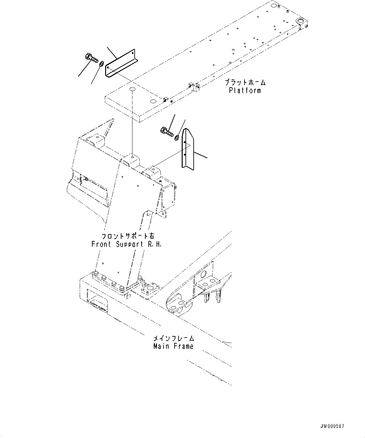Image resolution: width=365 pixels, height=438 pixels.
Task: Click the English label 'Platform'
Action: coord(245,91)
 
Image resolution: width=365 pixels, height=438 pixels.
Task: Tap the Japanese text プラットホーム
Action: coord(245,83)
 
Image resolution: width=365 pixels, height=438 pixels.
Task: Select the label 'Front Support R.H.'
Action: coord(126,244)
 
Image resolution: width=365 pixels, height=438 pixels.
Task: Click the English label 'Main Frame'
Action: coord(173,346)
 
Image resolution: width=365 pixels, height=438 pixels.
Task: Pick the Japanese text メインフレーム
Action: coord(174,338)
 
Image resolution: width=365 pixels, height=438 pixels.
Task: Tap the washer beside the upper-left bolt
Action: coord(102,64)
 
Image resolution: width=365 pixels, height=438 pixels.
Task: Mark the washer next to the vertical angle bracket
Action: coord(177,137)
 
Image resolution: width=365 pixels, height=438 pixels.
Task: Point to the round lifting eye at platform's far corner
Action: coord(300,21)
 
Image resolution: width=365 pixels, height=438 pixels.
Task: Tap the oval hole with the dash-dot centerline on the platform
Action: coord(132,90)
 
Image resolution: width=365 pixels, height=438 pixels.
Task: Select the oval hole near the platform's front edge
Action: coord(153,101)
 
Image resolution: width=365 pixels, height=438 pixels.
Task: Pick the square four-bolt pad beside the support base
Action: coord(147,288)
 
